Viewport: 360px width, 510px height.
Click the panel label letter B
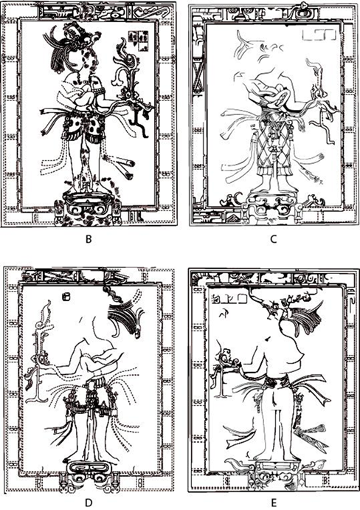pyautogui.click(x=88, y=239)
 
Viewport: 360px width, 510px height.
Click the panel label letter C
pyautogui.click(x=274, y=239)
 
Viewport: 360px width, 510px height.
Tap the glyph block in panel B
pyautogui.click(x=139, y=41)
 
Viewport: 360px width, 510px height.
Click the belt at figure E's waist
pyautogui.click(x=276, y=381)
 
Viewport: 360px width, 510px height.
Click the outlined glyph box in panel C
pyautogui.click(x=319, y=35)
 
